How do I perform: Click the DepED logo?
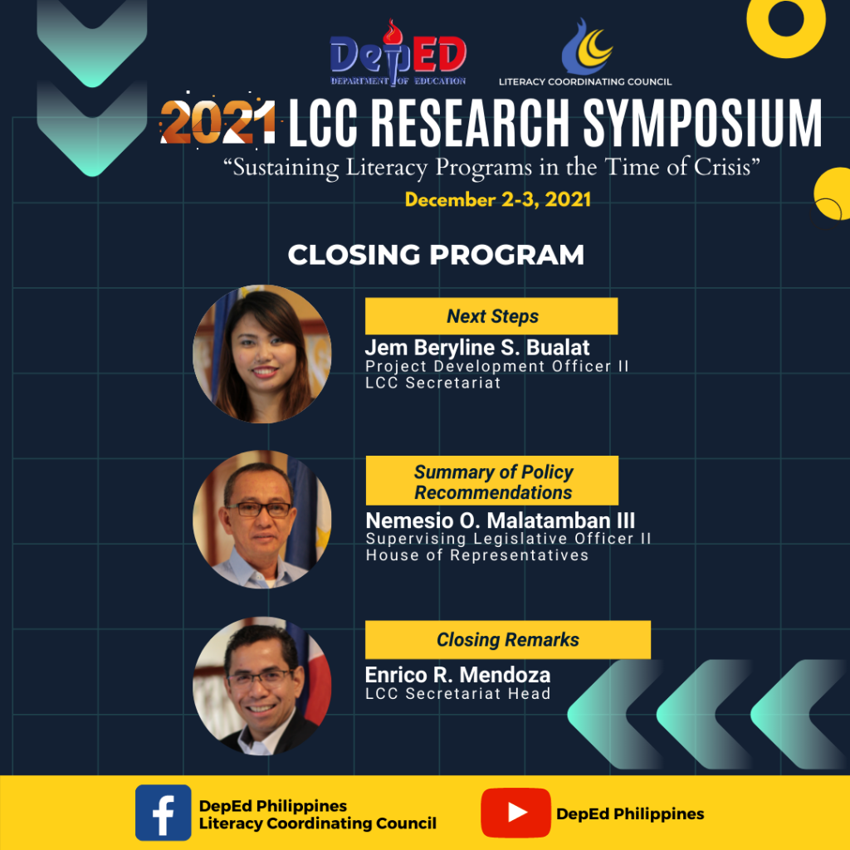pyautogui.click(x=398, y=53)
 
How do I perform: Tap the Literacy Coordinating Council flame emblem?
pyautogui.click(x=587, y=46)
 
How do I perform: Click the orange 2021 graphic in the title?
pyautogui.click(x=218, y=121)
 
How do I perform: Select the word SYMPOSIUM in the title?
pyautogui.click(x=702, y=123)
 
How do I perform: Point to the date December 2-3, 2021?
pyautogui.click(x=498, y=199)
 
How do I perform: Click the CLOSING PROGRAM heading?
pyautogui.click(x=436, y=255)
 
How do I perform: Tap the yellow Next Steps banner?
pyautogui.click(x=491, y=316)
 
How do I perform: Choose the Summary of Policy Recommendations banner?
pyautogui.click(x=491, y=481)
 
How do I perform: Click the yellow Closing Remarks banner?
pyautogui.click(x=507, y=640)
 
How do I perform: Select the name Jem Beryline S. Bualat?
pyautogui.click(x=477, y=348)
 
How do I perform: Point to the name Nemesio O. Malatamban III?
pyautogui.click(x=500, y=520)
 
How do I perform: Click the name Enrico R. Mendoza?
pyautogui.click(x=457, y=675)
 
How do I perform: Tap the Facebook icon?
pyautogui.click(x=164, y=813)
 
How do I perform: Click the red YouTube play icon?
pyautogui.click(x=515, y=813)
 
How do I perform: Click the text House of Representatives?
pyautogui.click(x=477, y=555)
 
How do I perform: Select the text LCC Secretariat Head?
pyautogui.click(x=457, y=693)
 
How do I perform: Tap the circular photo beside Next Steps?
pyautogui.click(x=262, y=354)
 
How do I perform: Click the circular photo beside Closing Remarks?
pyautogui.click(x=262, y=686)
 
